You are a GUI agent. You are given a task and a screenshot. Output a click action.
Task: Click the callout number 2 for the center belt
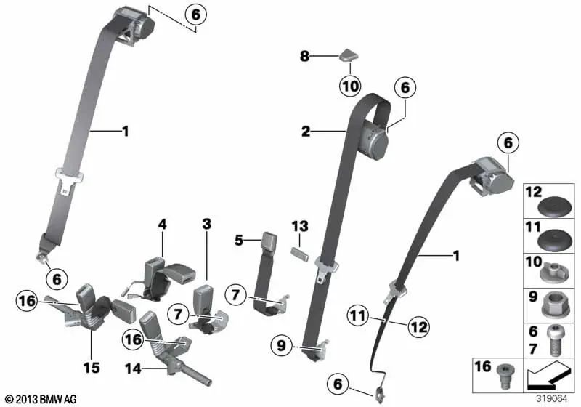[306, 132]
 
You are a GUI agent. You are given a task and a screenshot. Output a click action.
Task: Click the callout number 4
[162, 225]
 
